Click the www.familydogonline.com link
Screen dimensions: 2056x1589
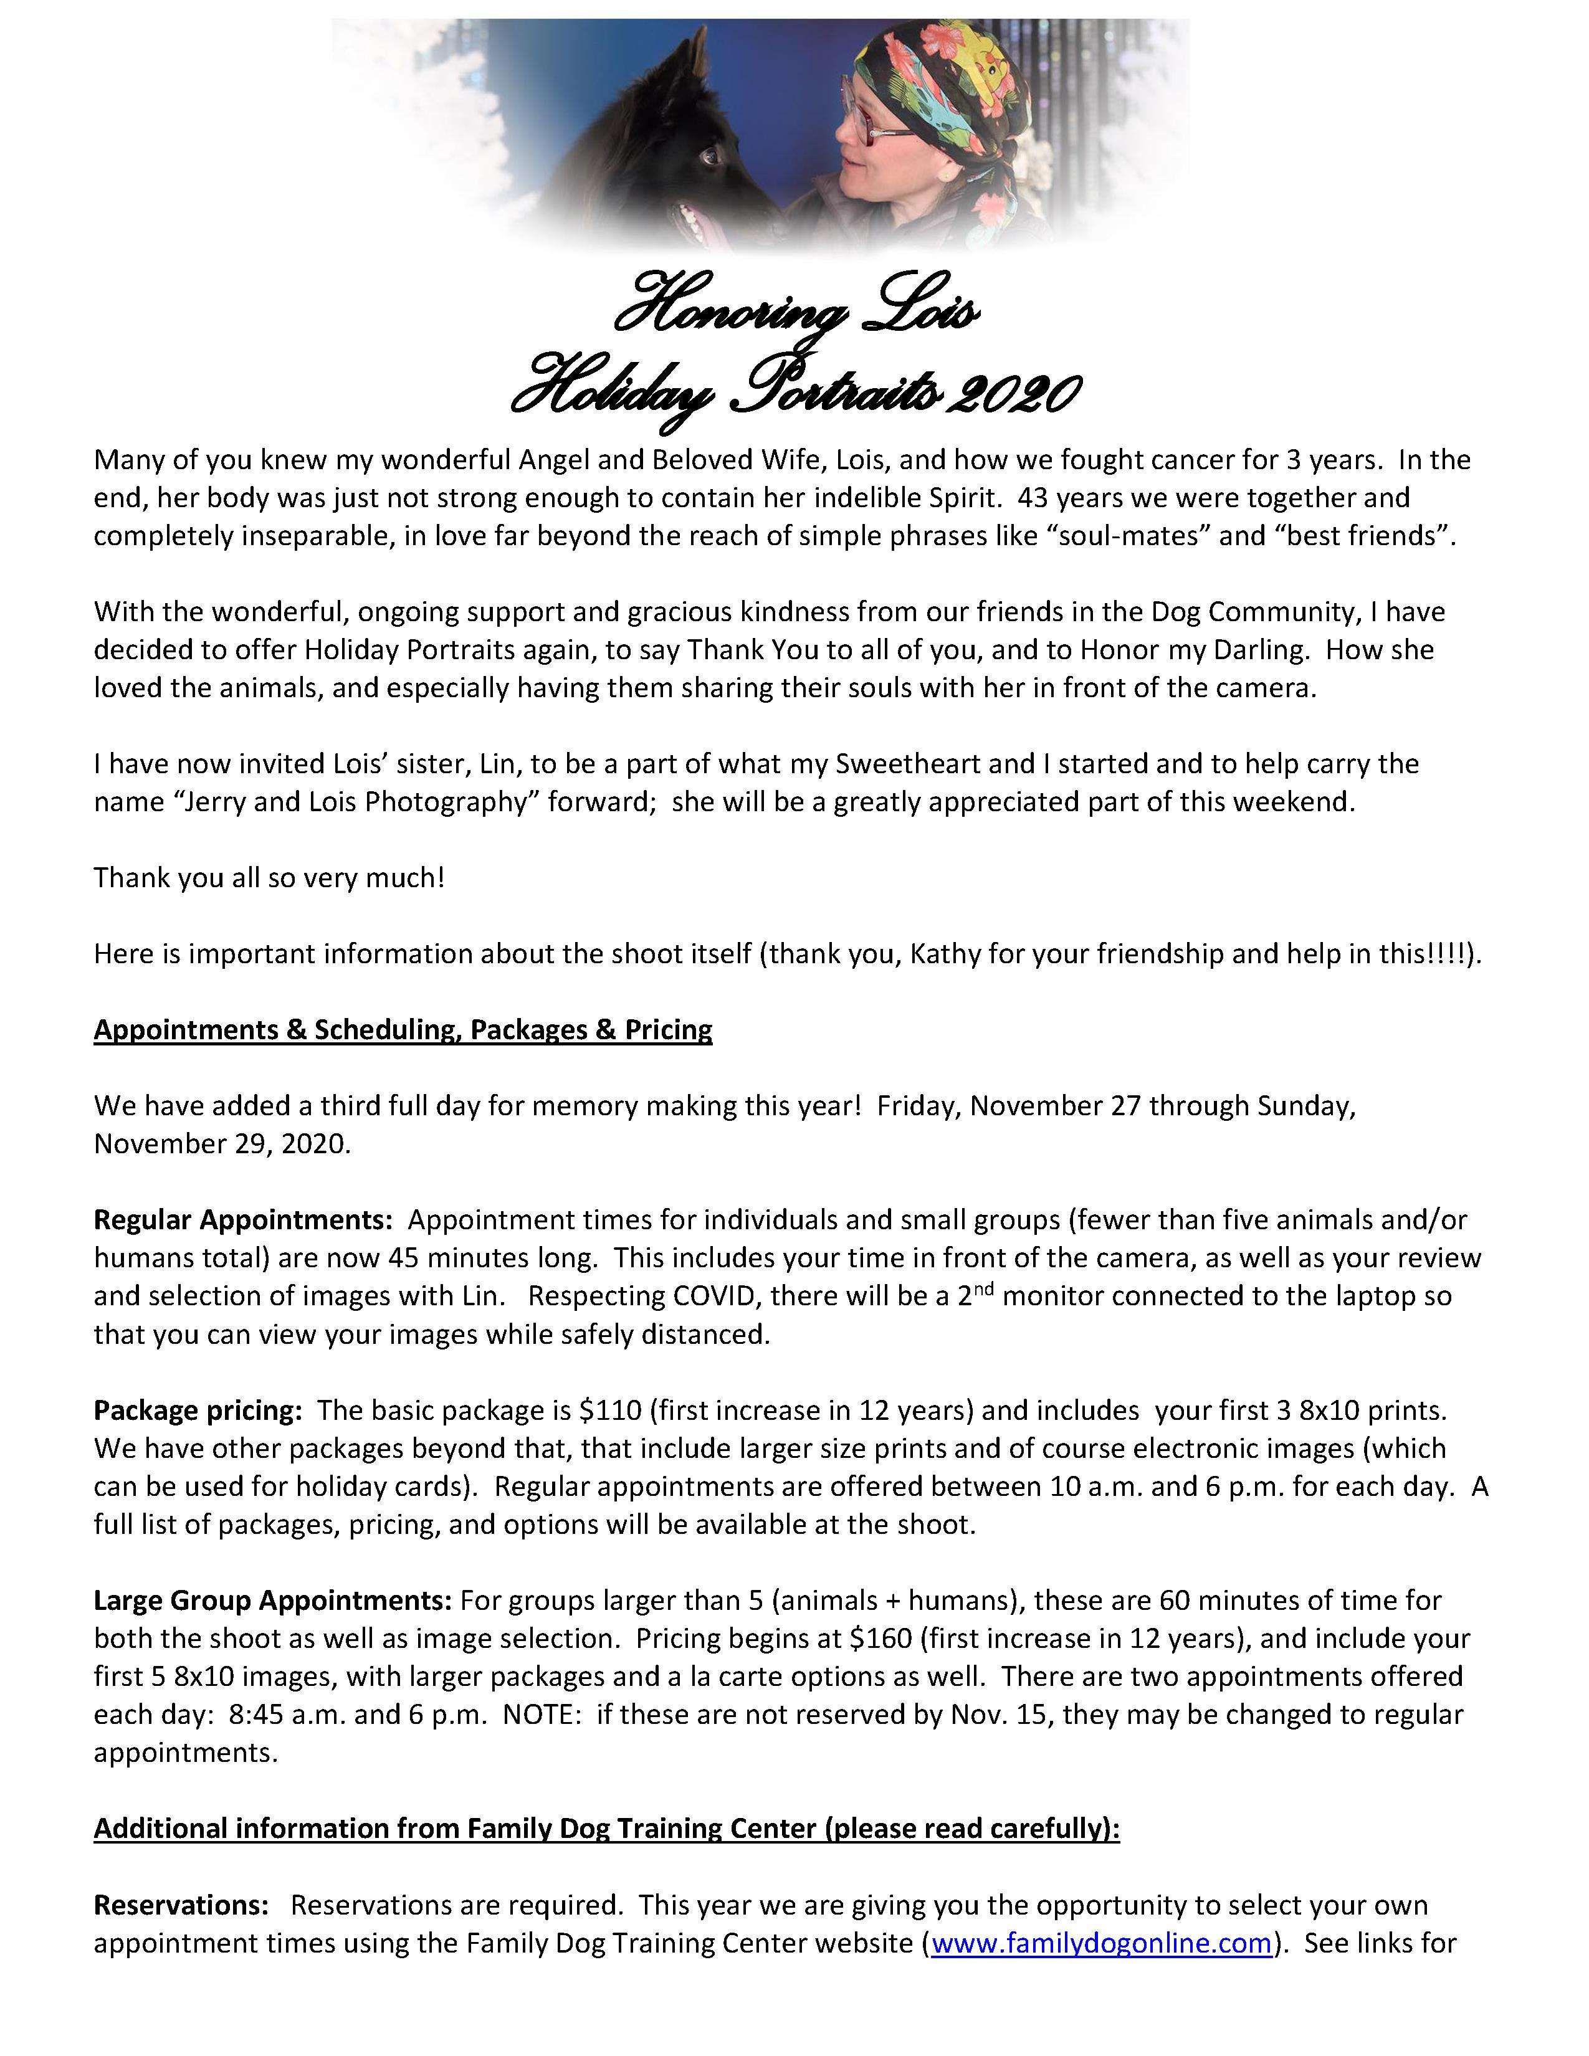click(x=1101, y=1944)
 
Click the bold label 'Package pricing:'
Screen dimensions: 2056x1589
click(x=198, y=1410)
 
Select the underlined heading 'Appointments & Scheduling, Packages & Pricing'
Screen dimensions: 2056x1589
click(x=403, y=1030)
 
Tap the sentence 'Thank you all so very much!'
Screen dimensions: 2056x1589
click(x=269, y=878)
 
